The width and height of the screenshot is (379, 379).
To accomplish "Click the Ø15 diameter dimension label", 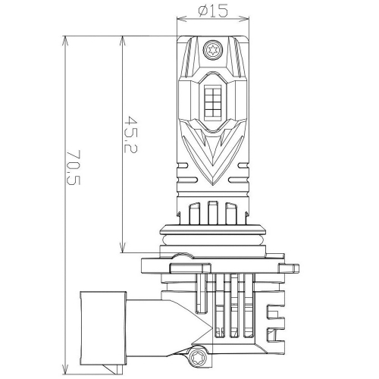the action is click(x=213, y=11).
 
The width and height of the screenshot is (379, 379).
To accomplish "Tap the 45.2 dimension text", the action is click(x=131, y=134).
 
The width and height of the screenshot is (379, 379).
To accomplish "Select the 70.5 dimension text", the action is click(x=74, y=168).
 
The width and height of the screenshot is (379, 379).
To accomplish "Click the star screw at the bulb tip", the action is click(x=212, y=49).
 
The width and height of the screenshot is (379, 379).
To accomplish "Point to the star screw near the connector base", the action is click(x=197, y=358).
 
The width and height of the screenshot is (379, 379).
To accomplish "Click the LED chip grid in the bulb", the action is click(x=212, y=102).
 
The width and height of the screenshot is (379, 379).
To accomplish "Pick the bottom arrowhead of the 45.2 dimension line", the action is click(x=123, y=247).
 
